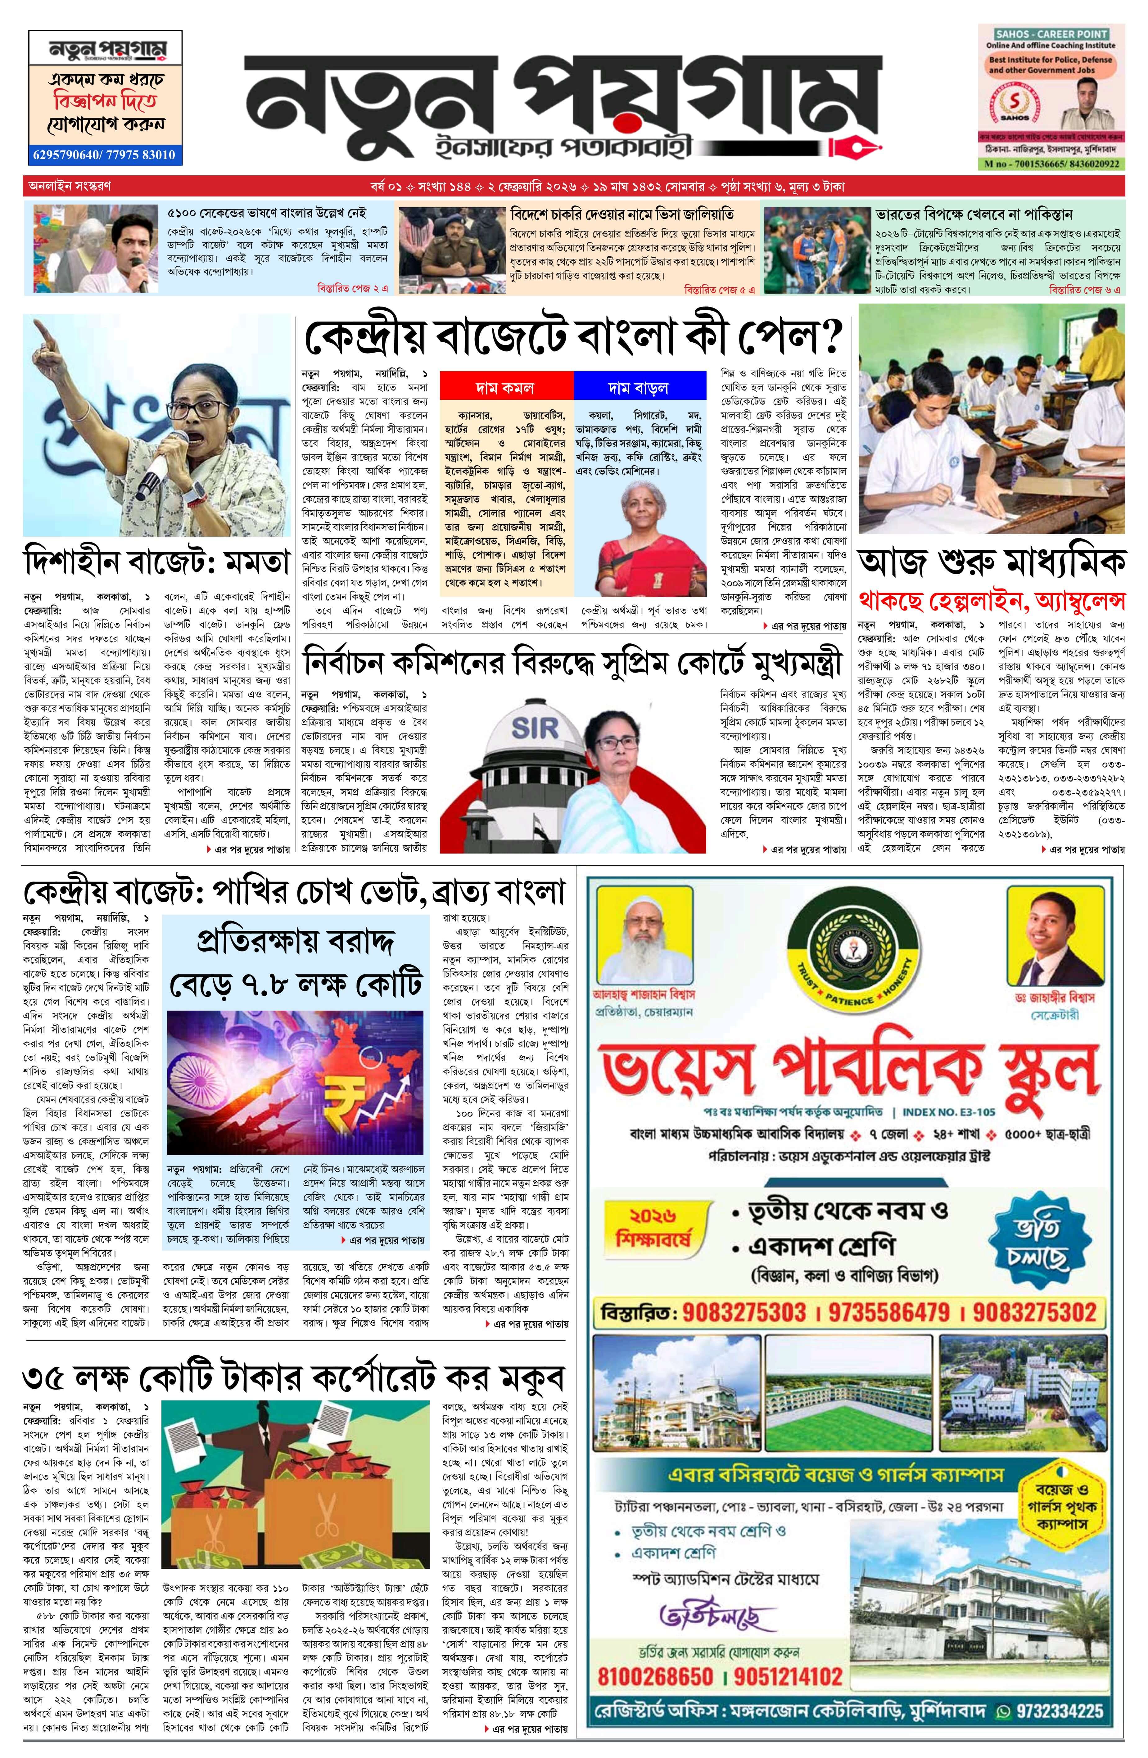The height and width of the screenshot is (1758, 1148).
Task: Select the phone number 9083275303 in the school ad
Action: (x=743, y=1312)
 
